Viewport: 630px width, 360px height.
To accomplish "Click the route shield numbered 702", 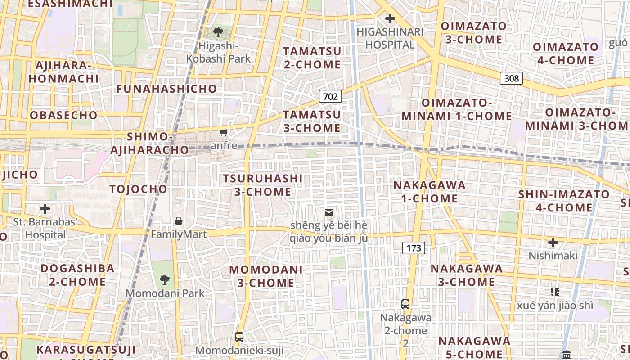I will click(x=330, y=96).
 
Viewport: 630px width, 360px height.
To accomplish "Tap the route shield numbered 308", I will click(x=511, y=78).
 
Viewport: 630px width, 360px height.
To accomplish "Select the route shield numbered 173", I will click(x=414, y=247).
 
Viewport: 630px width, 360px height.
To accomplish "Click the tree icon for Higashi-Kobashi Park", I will click(x=218, y=32).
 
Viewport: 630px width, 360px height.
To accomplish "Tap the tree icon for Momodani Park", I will click(x=165, y=279).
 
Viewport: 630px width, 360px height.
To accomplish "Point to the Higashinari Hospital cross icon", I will click(x=390, y=18).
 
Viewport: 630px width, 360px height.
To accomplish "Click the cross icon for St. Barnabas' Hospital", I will click(x=45, y=209).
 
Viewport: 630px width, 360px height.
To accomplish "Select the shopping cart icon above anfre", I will click(x=223, y=132).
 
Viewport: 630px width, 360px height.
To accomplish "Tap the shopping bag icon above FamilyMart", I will click(x=179, y=221).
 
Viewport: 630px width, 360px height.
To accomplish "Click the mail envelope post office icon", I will click(x=329, y=212).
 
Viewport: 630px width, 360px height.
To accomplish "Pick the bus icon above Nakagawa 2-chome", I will click(x=405, y=304).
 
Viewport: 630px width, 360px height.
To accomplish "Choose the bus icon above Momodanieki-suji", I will click(x=239, y=337).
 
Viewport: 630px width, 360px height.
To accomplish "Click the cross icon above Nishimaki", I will click(x=553, y=243).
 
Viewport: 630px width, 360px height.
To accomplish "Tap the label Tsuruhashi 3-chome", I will click(x=263, y=185).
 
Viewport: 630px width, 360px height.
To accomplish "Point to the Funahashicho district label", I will click(x=166, y=89).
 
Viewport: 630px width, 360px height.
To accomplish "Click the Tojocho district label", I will click(x=138, y=189).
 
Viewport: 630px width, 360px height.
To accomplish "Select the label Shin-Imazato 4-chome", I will click(x=564, y=201).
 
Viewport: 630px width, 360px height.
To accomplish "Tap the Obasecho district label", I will click(x=63, y=115).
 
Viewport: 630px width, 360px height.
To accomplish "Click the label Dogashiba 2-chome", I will click(x=77, y=275).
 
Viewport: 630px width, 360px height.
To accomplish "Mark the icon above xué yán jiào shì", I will click(x=555, y=292).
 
